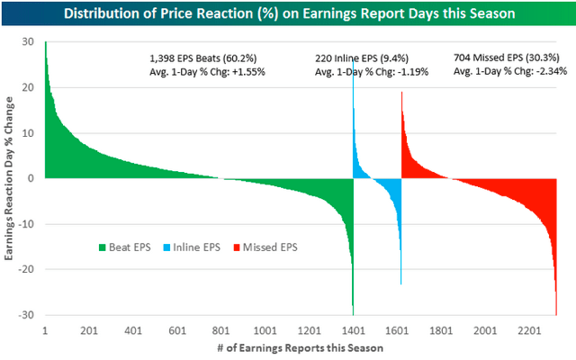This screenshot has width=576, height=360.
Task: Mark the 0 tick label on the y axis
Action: click(x=30, y=178)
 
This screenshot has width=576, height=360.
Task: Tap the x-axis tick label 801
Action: click(x=220, y=330)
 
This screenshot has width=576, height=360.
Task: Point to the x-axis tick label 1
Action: click(x=45, y=330)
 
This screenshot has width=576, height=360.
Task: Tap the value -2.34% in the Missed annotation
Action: click(x=554, y=70)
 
